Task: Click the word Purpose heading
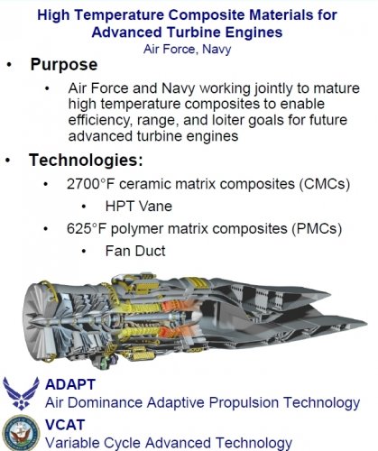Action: coord(64,65)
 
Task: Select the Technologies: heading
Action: coord(86,161)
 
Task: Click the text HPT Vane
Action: coord(139,207)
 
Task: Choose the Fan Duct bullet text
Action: coord(135,252)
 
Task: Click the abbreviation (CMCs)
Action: coord(325,184)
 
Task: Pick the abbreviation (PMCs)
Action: coord(317,229)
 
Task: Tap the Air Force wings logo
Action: coord(21,393)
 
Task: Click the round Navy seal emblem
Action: coord(21,433)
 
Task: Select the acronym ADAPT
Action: coord(70,384)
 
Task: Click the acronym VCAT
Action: coord(65,425)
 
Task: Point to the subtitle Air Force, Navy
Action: coord(187,50)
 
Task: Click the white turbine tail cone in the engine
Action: coord(196,317)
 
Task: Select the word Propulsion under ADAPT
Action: coord(244,403)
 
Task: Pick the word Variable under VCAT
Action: coord(73,443)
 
